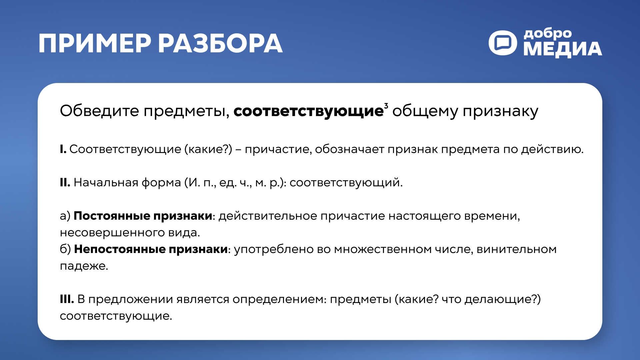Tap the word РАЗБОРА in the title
[220, 44]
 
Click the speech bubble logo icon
[503, 43]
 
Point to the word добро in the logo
[547, 34]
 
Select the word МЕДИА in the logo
[563, 49]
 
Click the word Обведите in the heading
[99, 111]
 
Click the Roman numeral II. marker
[65, 183]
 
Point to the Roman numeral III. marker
[67, 299]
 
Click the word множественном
[383, 249]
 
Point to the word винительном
[516, 249]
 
